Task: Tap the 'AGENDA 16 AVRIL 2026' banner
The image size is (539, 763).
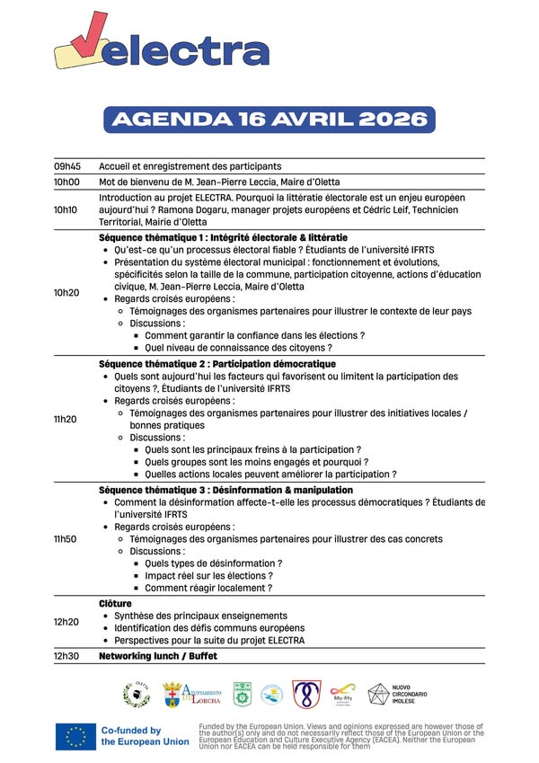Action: [x=269, y=120]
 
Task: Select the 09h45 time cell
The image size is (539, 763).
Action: [x=66, y=166]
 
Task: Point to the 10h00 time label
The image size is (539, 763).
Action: [x=66, y=181]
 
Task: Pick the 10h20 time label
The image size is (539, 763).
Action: [x=66, y=292]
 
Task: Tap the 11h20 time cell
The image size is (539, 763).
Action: [x=66, y=419]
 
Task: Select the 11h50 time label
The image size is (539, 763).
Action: [x=66, y=538]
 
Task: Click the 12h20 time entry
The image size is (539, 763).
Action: [x=66, y=622]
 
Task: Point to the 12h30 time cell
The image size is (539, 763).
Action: [x=66, y=656]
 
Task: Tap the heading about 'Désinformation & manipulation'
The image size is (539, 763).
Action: [x=225, y=490]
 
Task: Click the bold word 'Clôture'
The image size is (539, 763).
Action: [x=115, y=603]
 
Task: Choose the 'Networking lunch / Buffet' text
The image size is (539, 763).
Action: [x=158, y=656]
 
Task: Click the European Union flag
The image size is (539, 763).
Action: [x=75, y=736]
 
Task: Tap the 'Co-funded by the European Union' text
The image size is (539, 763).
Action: [x=144, y=736]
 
